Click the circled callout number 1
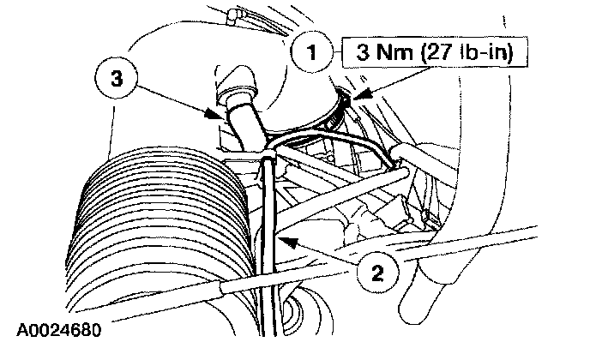pos(312,52)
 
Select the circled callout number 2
pos(377,273)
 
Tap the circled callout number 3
pos(117,79)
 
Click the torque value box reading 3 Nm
pos(435,52)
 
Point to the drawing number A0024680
pos(59,330)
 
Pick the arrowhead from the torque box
pos(360,94)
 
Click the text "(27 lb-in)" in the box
pos(467,52)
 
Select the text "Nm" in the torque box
pos(394,52)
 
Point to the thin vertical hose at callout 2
pos(270,244)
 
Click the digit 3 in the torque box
pos(363,52)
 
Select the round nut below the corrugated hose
pos(291,309)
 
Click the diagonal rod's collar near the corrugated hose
pos(226,288)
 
